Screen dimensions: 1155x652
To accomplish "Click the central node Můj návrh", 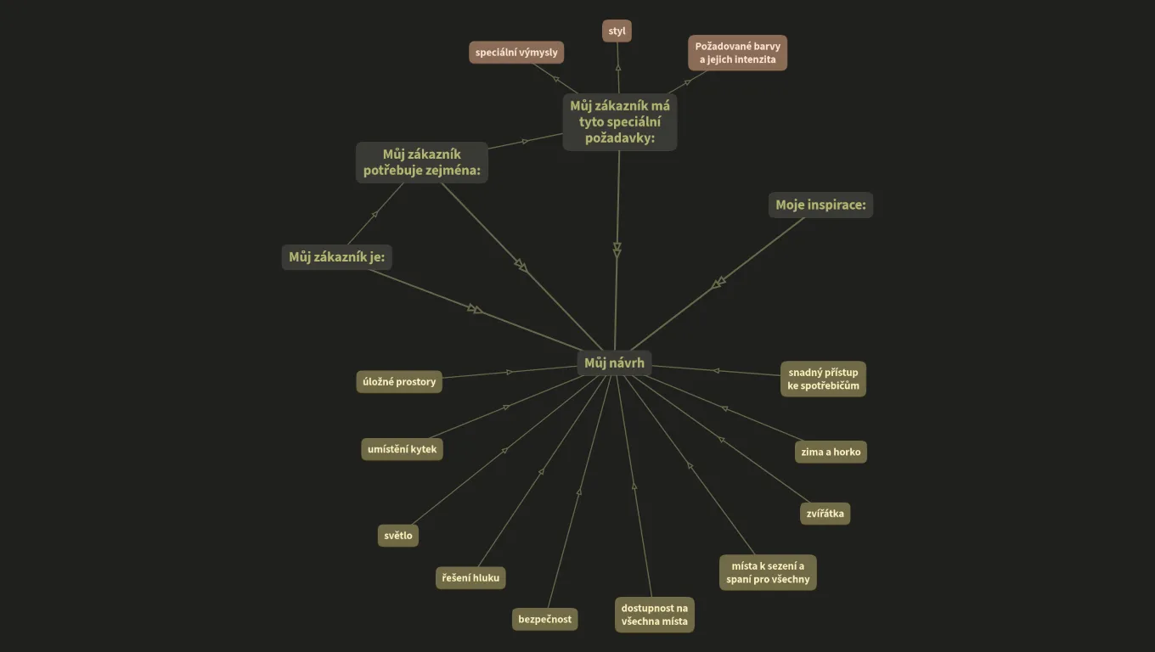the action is [614, 363].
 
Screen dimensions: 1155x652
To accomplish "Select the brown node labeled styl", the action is [617, 31].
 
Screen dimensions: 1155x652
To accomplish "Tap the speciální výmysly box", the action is [516, 53].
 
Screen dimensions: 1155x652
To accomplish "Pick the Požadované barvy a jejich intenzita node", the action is [737, 53].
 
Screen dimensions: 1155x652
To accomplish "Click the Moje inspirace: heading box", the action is [820, 205].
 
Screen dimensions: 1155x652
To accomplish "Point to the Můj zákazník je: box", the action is [336, 257].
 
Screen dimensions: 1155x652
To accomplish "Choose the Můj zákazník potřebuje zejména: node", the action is [422, 162].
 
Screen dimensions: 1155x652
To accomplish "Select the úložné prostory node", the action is [399, 382].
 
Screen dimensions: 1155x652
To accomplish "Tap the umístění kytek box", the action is [402, 449].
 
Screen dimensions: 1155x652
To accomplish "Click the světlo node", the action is [398, 536].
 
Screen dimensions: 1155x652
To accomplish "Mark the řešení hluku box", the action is [470, 578].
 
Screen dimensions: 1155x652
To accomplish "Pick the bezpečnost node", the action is [544, 619].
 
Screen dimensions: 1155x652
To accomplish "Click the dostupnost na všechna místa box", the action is [654, 615].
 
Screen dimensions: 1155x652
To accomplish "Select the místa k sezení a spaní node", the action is [768, 573].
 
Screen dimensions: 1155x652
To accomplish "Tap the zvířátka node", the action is [825, 514].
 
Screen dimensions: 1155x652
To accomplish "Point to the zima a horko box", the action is [831, 452].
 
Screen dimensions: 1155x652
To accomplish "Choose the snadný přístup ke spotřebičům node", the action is [823, 379].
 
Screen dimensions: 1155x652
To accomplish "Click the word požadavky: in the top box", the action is [620, 138].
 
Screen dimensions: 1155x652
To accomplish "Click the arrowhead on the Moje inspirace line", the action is [718, 282].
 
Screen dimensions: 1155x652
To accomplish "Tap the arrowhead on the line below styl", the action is [618, 68].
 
